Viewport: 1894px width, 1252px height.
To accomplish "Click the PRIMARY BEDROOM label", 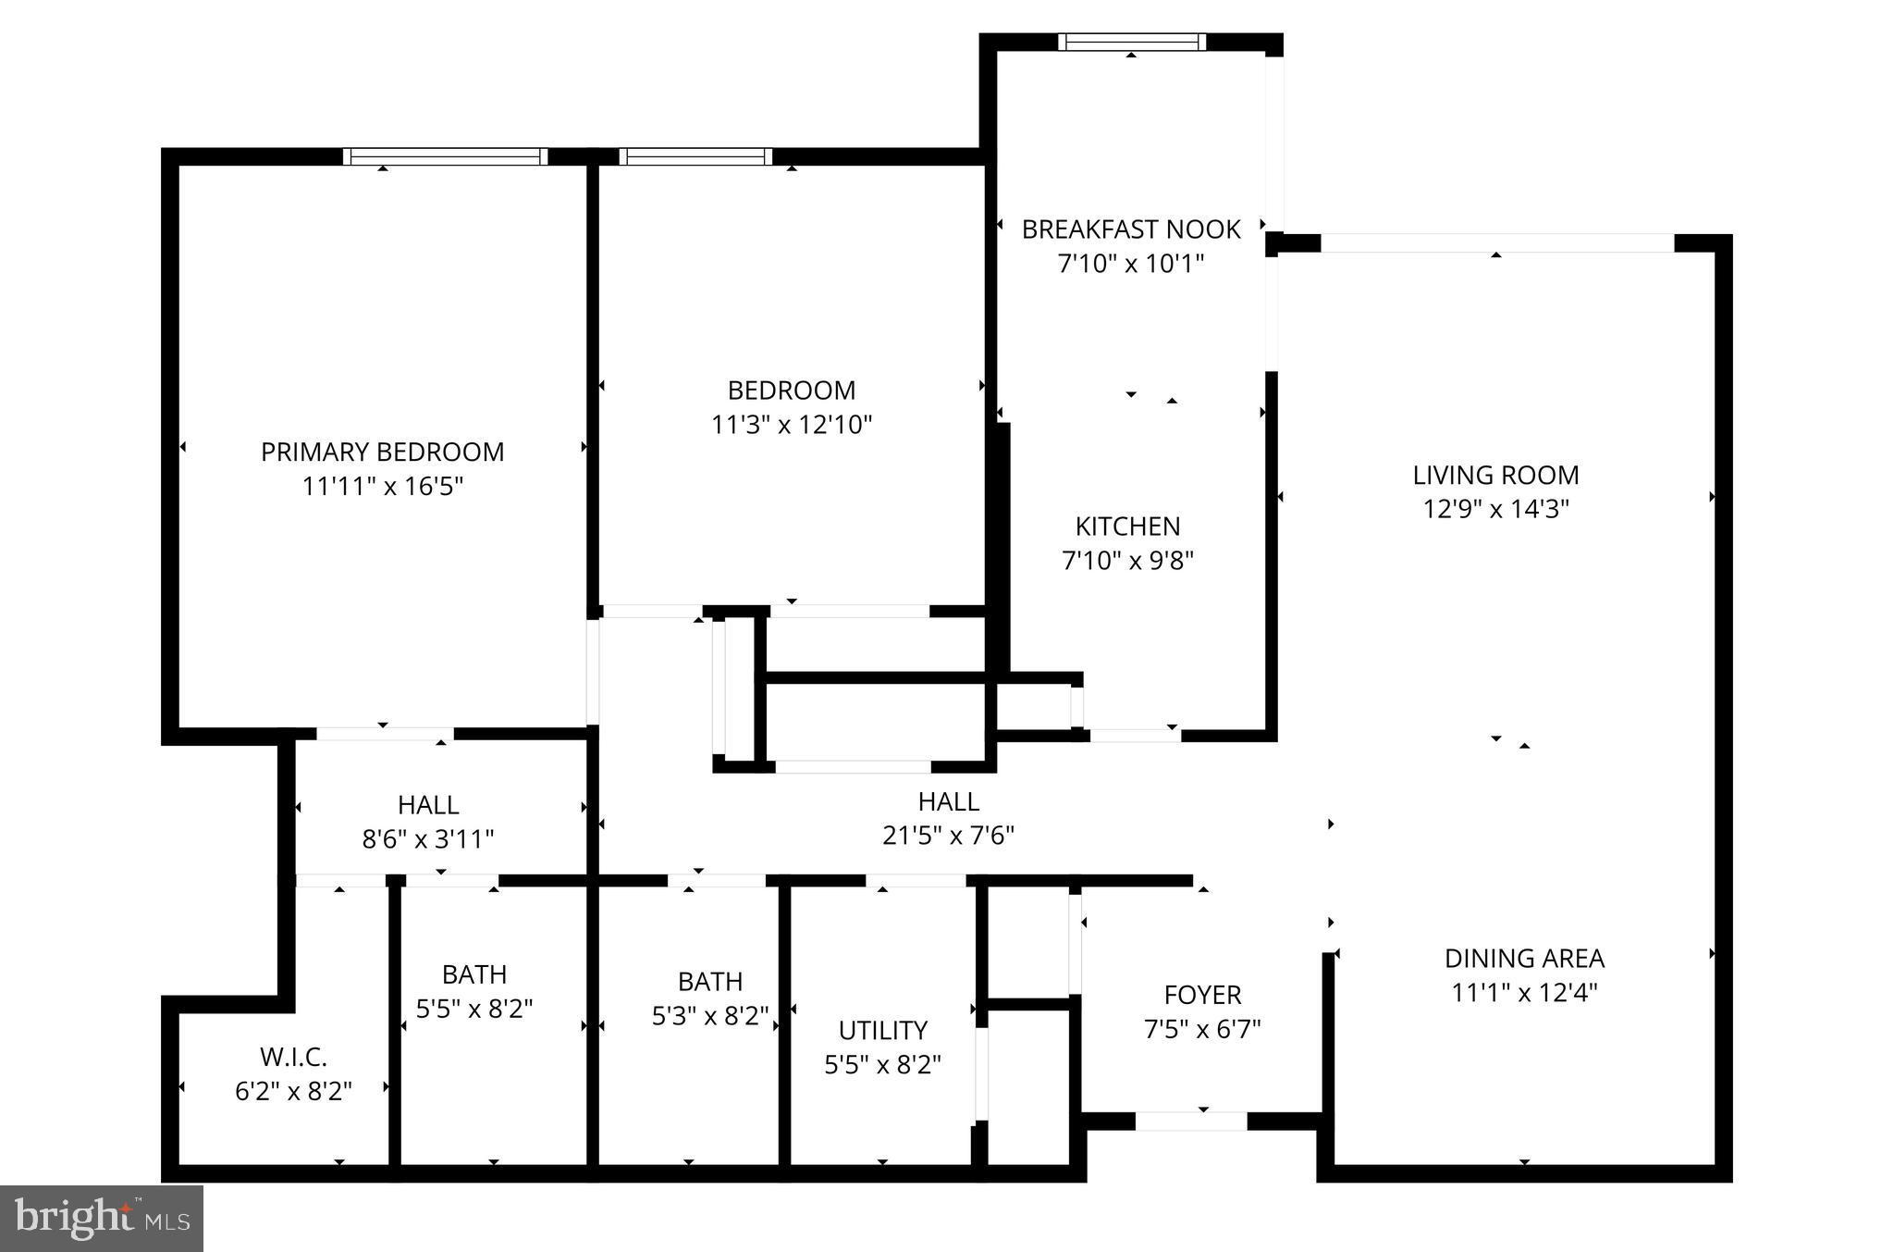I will pos(382,452).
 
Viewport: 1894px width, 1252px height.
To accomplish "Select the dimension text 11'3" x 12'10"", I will pos(792,425).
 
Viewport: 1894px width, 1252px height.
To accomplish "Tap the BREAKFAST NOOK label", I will pos(1130,229).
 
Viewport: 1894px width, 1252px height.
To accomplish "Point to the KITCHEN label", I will pos(1127,527).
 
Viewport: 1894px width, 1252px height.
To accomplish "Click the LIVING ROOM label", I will pos(1495,475).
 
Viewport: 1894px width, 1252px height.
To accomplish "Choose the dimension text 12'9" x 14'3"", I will pos(1495,509).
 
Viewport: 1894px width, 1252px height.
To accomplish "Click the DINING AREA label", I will pos(1524,958).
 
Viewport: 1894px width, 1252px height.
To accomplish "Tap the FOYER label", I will pos(1202,995).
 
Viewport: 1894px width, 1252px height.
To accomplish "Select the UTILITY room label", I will pos(882,1030).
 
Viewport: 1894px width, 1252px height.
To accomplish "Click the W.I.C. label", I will pos(293,1057).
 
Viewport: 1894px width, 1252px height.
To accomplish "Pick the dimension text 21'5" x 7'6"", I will pos(948,836).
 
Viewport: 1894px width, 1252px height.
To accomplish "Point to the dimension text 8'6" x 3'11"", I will pos(427,839).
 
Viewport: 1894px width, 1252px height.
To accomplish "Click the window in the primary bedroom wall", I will pos(445,156).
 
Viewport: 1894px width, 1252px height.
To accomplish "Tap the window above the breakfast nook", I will pos(1132,42).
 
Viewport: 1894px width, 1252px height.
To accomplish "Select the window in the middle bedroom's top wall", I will pos(695,156).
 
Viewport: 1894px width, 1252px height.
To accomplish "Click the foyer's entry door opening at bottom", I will pos(1191,1121).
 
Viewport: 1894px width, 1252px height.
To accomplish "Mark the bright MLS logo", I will pos(102,1219).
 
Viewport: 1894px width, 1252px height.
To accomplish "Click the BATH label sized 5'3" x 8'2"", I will pos(709,981).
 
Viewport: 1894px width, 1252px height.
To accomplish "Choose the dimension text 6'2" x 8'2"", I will pos(293,1091).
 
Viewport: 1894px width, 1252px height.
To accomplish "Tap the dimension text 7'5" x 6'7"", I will pos(1202,1029).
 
